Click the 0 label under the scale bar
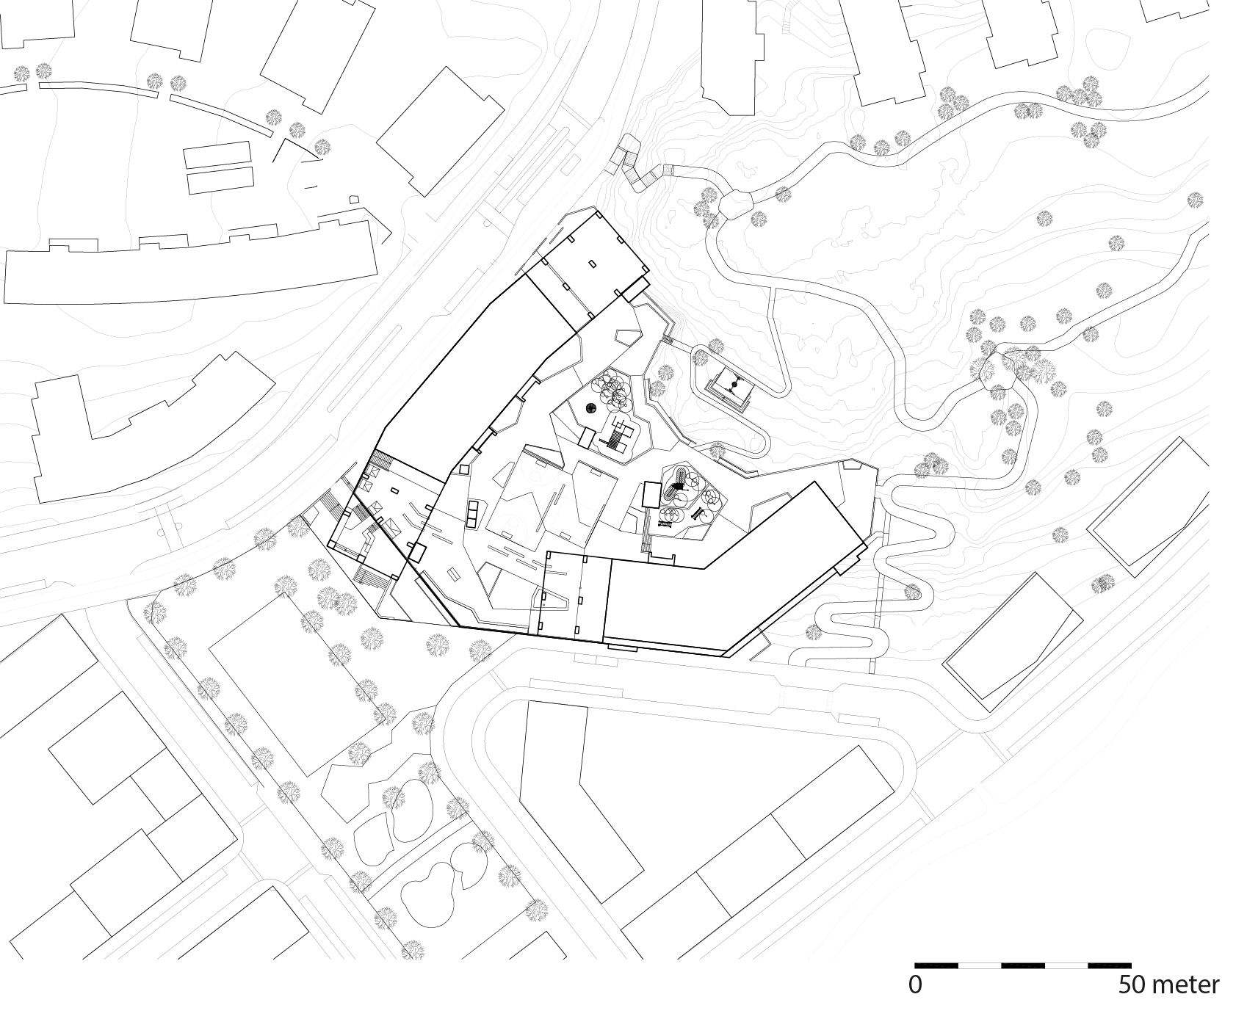coord(915,984)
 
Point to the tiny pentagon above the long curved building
coord(354,198)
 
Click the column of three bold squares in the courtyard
coord(472,514)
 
